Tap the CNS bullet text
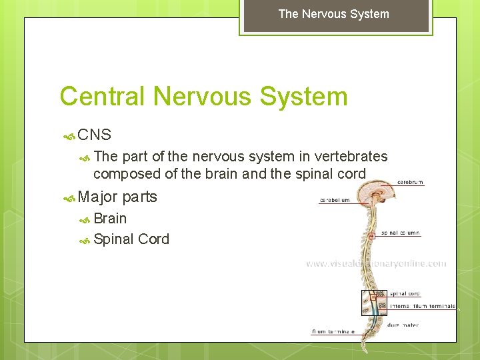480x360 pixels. pyautogui.click(x=94, y=135)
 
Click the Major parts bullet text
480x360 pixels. pyautogui.click(x=117, y=197)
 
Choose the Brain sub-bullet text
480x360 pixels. pyautogui.click(x=110, y=218)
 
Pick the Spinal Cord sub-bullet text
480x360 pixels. pyautogui.click(x=131, y=239)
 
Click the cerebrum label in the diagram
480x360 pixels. pyautogui.click(x=410, y=182)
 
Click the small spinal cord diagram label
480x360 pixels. pyautogui.click(x=405, y=294)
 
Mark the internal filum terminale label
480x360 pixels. pyautogui.click(x=423, y=307)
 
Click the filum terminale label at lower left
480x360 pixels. pyautogui.click(x=333, y=331)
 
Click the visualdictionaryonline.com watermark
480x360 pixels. pyautogui.click(x=376, y=264)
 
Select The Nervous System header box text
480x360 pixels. pyautogui.click(x=333, y=14)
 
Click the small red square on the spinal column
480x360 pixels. pyautogui.click(x=372, y=235)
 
